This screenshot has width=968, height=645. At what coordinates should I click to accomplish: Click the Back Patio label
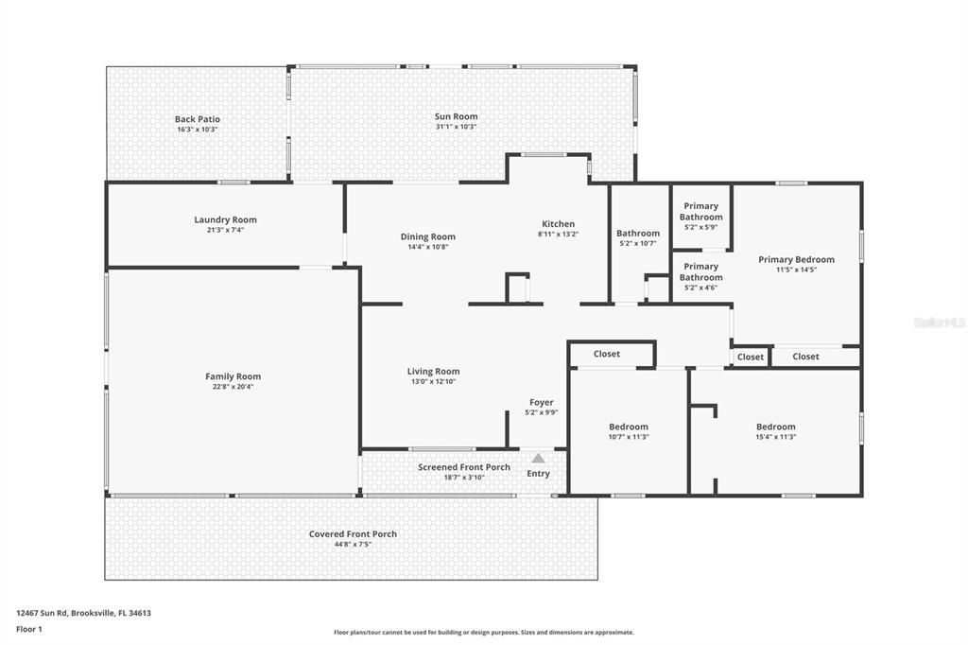click(x=197, y=119)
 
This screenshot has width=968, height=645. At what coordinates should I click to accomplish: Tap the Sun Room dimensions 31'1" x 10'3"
click(x=456, y=127)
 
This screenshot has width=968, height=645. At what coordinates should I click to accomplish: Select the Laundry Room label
click(x=225, y=219)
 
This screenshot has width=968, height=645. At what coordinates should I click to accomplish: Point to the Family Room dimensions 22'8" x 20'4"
click(x=233, y=386)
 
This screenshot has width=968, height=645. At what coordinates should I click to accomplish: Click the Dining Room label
click(x=427, y=236)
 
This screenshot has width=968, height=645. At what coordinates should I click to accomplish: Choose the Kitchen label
click(x=558, y=224)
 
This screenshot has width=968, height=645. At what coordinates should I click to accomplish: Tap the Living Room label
click(x=433, y=372)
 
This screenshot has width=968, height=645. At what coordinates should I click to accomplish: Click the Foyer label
click(x=542, y=402)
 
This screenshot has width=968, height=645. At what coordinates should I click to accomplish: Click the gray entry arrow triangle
click(x=538, y=459)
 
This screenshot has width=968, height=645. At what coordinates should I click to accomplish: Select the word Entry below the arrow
click(x=538, y=474)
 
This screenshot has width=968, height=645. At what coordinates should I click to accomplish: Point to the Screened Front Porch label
click(x=464, y=467)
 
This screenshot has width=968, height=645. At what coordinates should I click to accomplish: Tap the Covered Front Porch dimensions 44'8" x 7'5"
click(x=353, y=544)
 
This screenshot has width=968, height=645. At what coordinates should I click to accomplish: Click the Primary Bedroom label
click(x=796, y=259)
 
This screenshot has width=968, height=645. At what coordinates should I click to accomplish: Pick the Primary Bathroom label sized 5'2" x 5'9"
click(x=700, y=211)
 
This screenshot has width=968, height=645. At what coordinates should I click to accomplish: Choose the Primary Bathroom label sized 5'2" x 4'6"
click(x=700, y=271)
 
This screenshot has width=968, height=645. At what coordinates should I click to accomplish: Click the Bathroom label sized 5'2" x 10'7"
click(x=638, y=234)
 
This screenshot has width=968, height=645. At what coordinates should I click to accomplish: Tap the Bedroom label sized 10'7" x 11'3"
click(x=629, y=427)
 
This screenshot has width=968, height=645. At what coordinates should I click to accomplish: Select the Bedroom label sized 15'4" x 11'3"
click(x=775, y=427)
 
